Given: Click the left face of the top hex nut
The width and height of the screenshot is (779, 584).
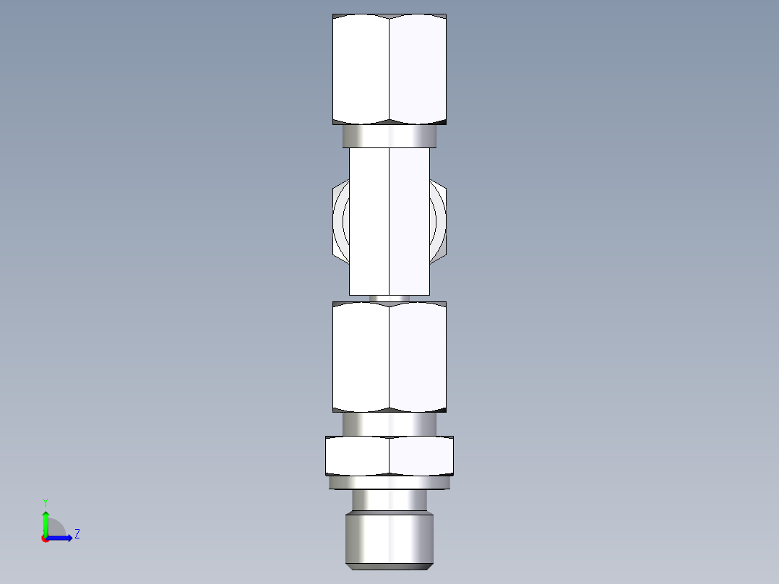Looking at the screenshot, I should (361, 69).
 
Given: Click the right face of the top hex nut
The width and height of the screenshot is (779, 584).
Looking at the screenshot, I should (418, 69).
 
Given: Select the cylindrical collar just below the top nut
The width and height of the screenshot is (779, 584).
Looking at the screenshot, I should (389, 135).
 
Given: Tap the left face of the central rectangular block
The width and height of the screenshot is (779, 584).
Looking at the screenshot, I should (369, 220).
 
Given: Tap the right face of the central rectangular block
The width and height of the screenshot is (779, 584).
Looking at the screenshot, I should (410, 220).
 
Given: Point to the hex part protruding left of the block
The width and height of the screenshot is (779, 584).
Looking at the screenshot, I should (340, 220).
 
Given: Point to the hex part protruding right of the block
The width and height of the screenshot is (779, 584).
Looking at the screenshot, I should (439, 220).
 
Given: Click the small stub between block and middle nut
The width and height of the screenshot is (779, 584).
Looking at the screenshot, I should (389, 298).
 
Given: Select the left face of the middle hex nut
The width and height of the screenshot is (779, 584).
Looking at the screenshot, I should (361, 357).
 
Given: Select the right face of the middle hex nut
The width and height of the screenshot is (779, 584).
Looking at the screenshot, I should (418, 357).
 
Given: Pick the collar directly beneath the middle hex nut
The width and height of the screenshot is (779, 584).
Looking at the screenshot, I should (389, 424).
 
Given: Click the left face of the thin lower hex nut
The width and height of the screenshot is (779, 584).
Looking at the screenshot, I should (357, 456).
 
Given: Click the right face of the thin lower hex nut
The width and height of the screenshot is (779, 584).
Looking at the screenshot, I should (421, 456).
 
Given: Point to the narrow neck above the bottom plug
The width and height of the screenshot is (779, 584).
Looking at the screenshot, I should (389, 500).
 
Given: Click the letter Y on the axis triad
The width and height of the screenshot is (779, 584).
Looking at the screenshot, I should (45, 502).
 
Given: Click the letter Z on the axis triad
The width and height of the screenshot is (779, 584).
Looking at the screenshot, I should (77, 534).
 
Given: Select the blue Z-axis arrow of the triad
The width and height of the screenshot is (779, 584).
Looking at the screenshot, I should (61, 538).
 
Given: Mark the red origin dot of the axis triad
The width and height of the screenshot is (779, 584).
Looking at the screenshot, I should (45, 538).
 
